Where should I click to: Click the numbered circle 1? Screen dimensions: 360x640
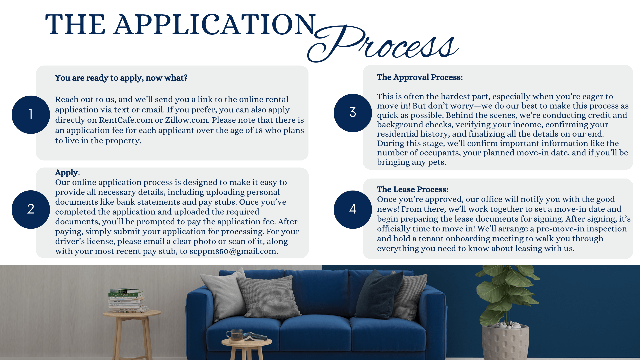(31, 115)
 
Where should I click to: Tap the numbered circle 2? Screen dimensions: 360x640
(31, 209)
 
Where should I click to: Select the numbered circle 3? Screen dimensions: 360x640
(353, 113)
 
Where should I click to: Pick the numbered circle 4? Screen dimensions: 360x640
(353, 209)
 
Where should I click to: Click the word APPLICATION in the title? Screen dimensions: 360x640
(215, 25)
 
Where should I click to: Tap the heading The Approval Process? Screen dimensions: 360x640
(420, 77)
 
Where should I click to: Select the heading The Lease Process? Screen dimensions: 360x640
(412, 189)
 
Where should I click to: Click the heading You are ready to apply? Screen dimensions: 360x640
(121, 78)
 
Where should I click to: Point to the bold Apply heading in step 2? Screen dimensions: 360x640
(67, 173)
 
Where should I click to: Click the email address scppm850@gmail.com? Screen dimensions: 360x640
(233, 251)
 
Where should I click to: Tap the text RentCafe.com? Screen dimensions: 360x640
(126, 120)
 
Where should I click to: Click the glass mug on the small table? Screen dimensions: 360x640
(236, 335)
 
